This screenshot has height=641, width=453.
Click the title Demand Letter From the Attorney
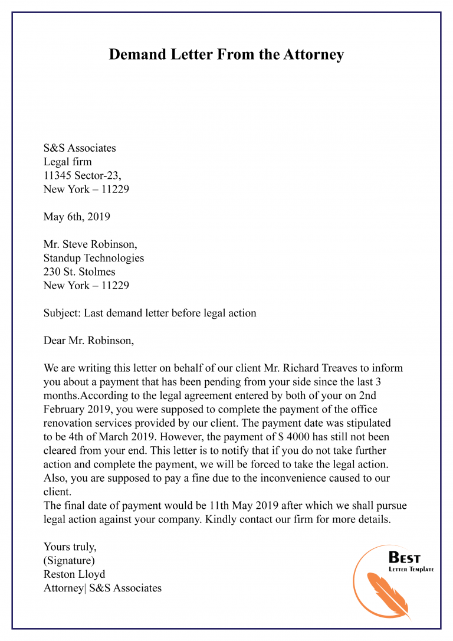(226, 55)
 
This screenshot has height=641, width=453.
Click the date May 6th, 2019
(77, 217)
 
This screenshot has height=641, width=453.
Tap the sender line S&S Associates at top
(80, 148)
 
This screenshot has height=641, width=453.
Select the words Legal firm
(67, 162)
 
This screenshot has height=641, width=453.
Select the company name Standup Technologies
(94, 259)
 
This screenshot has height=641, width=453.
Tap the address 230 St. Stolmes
(79, 272)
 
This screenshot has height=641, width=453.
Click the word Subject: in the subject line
(62, 313)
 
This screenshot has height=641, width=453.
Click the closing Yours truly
(70, 547)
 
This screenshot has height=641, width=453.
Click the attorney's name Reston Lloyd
(74, 574)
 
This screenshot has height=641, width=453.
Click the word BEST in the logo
(405, 558)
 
